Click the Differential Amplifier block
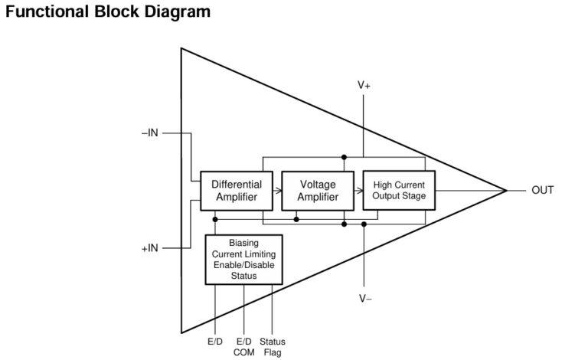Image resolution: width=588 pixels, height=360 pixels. pyautogui.click(x=237, y=190)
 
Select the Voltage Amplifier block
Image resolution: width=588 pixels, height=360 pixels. pyautogui.click(x=318, y=190)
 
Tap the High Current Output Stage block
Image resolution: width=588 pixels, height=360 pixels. pyautogui.click(x=398, y=190)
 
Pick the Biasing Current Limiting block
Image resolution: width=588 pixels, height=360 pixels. pyautogui.click(x=243, y=260)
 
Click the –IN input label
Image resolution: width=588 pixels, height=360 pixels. pyautogui.click(x=150, y=133)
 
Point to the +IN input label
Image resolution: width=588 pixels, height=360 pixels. pyautogui.click(x=150, y=248)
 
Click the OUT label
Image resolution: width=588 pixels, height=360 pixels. pyautogui.click(x=542, y=190)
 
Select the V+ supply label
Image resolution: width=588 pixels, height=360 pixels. pyautogui.click(x=364, y=86)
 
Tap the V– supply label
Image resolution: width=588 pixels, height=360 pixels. pyautogui.click(x=364, y=298)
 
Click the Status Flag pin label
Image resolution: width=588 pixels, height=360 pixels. pyautogui.click(x=273, y=347)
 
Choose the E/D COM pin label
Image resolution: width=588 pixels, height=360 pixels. pyautogui.click(x=244, y=347)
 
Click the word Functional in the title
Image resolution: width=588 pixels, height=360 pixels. pyautogui.click(x=45, y=13)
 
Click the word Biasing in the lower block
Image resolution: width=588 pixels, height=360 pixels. pyautogui.click(x=243, y=244)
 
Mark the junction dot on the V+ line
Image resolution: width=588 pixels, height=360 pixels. pyautogui.click(x=344, y=156)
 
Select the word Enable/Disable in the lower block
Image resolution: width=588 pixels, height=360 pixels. pyautogui.click(x=243, y=265)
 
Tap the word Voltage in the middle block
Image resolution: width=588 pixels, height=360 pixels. pyautogui.click(x=318, y=185)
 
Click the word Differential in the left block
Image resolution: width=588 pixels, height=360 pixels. pyautogui.click(x=237, y=185)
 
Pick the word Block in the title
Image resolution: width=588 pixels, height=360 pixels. pyautogui.click(x=113, y=13)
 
